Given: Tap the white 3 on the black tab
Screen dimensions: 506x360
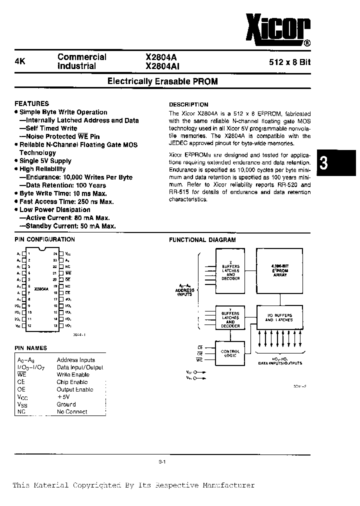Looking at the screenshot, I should [x=323, y=163].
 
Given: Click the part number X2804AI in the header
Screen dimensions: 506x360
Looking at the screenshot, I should [x=162, y=66].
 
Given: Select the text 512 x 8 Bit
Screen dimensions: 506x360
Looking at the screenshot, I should [x=292, y=62].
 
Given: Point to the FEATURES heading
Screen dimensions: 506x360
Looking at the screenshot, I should [x=32, y=103].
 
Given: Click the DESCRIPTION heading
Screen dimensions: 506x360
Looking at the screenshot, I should [x=188, y=104].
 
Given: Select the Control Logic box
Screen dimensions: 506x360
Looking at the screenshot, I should [x=230, y=353].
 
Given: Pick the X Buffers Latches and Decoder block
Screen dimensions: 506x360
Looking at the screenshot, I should [x=230, y=270].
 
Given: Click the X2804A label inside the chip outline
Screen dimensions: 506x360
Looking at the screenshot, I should [x=41, y=289].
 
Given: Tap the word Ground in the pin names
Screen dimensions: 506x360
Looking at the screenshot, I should [x=66, y=404].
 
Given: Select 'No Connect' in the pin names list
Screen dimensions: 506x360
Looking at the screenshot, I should [x=72, y=411].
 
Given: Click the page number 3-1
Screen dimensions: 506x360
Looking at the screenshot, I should [x=162, y=462].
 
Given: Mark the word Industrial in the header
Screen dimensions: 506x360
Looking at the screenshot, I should [x=76, y=66].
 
